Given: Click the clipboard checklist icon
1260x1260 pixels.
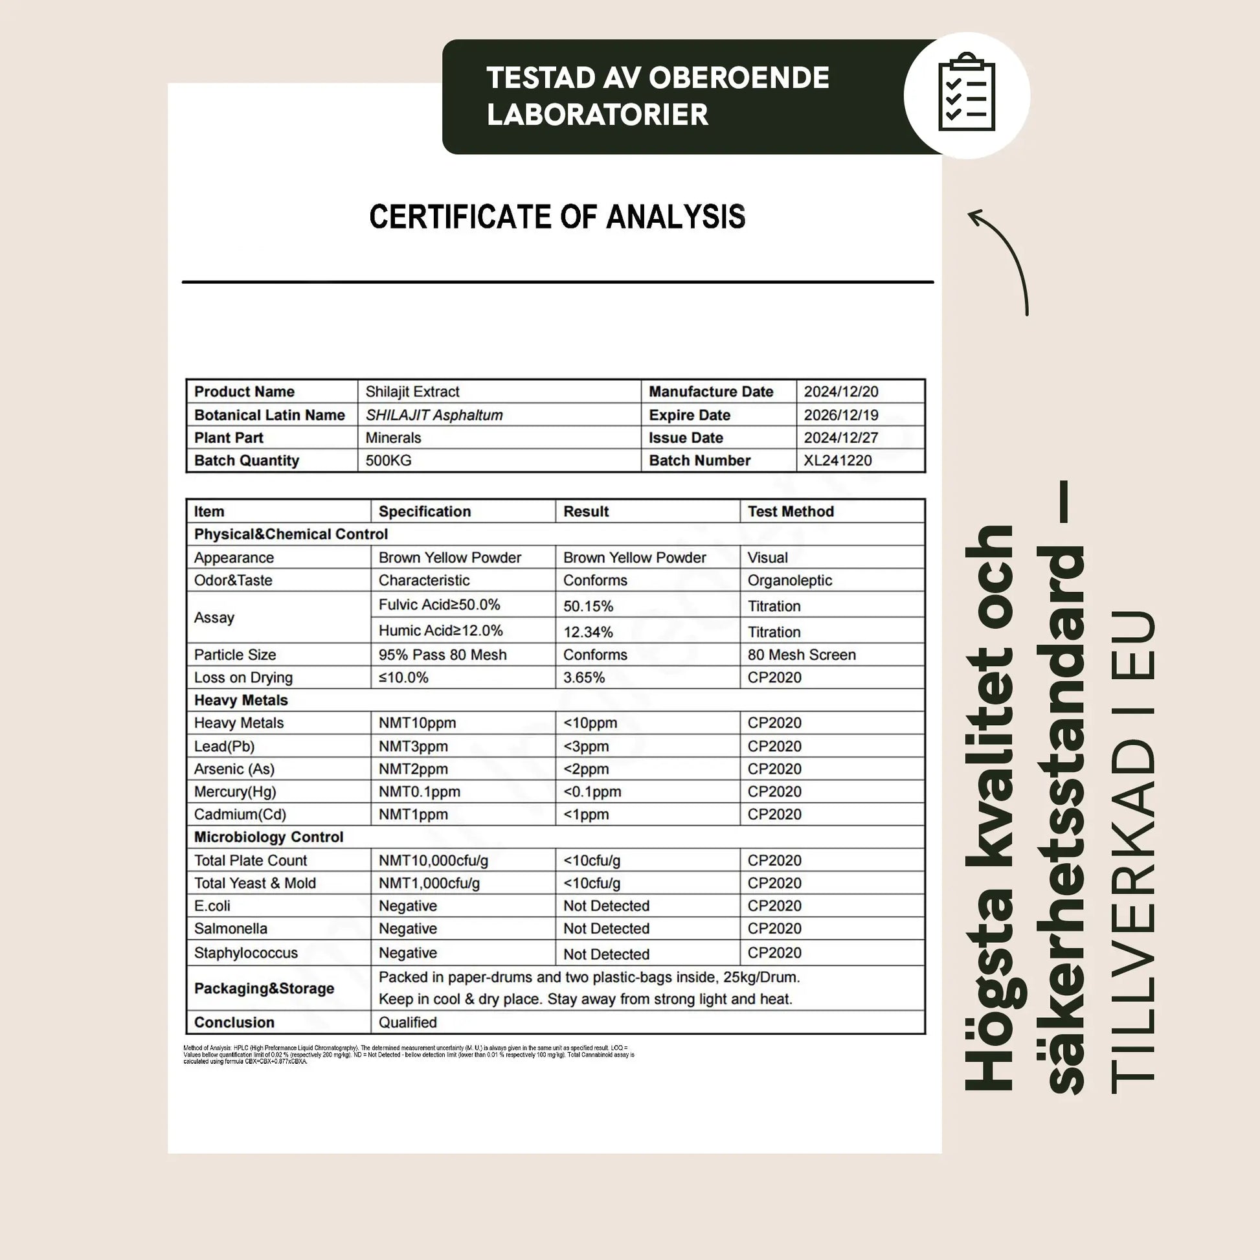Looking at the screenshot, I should pyautogui.click(x=966, y=95).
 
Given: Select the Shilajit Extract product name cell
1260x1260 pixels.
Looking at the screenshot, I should pyautogui.click(x=412, y=391).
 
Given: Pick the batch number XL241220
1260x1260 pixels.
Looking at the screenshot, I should pyautogui.click(x=837, y=460).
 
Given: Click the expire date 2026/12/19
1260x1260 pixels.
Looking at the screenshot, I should pyautogui.click(x=840, y=415).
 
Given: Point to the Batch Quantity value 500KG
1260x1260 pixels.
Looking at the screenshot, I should pyautogui.click(x=388, y=460).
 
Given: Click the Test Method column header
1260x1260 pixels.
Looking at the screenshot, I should pyautogui.click(x=791, y=512).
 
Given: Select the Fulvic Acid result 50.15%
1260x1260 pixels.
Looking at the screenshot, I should pyautogui.click(x=589, y=606).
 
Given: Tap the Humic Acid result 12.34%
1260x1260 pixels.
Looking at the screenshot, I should pyautogui.click(x=589, y=632).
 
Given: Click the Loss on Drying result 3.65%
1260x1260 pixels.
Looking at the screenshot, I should pyautogui.click(x=583, y=678).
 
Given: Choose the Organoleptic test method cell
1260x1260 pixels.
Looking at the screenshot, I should pyautogui.click(x=789, y=580).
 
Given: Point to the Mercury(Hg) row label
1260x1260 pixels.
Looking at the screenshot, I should pyautogui.click(x=235, y=792).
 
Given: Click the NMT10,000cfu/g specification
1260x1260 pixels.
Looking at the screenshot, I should pyautogui.click(x=433, y=861).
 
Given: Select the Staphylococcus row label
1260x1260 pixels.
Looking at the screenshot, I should pyautogui.click(x=246, y=953).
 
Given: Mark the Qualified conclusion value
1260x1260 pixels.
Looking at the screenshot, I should pyautogui.click(x=408, y=1022).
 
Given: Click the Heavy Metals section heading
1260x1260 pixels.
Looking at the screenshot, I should pyautogui.click(x=241, y=701).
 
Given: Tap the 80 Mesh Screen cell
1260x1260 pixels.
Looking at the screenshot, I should pyautogui.click(x=802, y=655).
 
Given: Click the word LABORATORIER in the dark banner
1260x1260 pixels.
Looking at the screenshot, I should pyautogui.click(x=597, y=115).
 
